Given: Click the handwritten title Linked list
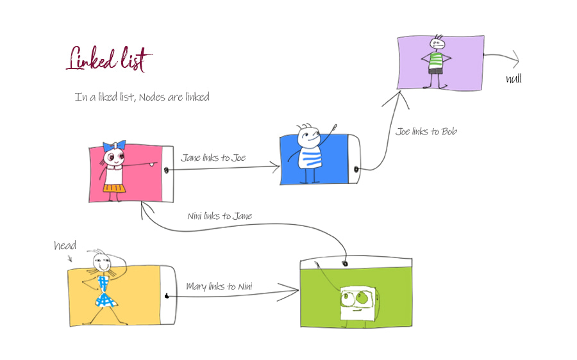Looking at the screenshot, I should [109, 60].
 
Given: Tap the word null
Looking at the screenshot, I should [514, 79].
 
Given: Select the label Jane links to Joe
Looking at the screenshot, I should [213, 158].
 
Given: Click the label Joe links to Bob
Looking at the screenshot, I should [426, 131].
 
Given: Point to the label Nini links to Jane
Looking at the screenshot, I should [220, 216].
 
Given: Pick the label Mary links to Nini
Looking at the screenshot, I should [219, 286].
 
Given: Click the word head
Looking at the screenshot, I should [65, 246].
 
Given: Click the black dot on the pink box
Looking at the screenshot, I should [167, 171].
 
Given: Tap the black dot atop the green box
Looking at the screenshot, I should [345, 263].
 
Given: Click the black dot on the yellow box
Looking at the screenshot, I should [166, 295].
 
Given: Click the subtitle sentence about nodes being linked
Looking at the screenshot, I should [142, 97].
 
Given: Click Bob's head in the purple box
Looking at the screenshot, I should [437, 44].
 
